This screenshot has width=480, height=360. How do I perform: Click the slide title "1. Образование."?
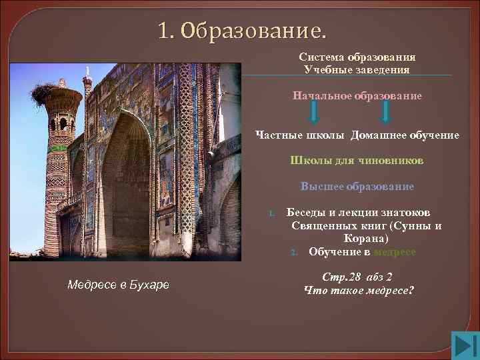[243, 31]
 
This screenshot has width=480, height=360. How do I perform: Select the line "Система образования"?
[357, 57]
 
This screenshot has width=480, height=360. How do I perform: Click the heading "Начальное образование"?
[357, 96]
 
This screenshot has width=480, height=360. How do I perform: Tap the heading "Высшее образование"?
[357, 187]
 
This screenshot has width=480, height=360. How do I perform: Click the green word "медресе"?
[395, 251]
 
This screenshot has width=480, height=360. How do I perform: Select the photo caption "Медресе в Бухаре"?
[119, 285]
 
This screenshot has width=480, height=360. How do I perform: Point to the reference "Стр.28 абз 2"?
[357, 277]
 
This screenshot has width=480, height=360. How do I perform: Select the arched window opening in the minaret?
[63, 124]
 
